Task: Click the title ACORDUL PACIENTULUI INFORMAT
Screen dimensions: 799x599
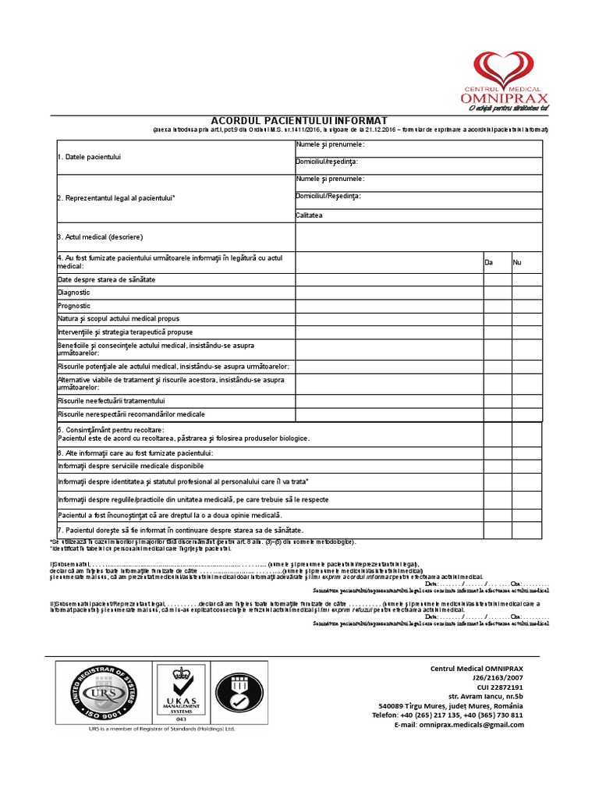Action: pyautogui.click(x=299, y=120)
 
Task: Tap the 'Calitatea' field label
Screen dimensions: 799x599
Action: pyautogui.click(x=309, y=215)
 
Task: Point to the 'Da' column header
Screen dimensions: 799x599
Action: pyautogui.click(x=489, y=263)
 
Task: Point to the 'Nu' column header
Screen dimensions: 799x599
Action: pyautogui.click(x=517, y=263)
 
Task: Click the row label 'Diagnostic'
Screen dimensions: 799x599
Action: pyautogui.click(x=74, y=292)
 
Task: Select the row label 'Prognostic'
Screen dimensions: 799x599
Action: pyautogui.click(x=74, y=306)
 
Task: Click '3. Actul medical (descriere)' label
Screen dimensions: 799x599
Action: pyautogui.click(x=100, y=236)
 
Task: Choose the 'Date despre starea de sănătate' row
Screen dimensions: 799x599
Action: pyautogui.click(x=107, y=279)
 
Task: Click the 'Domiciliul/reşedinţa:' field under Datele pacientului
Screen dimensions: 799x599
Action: pyautogui.click(x=327, y=162)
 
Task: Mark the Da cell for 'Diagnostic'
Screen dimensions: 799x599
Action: pyautogui.click(x=497, y=292)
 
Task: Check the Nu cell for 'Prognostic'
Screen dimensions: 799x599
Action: pyautogui.click(x=526, y=306)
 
